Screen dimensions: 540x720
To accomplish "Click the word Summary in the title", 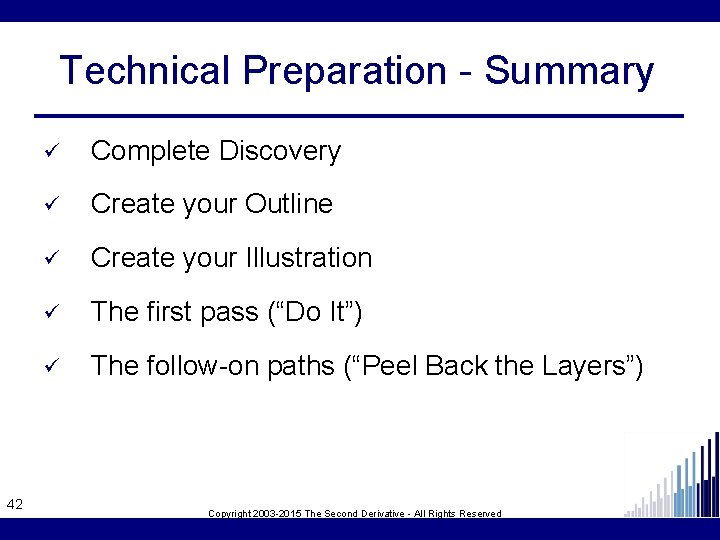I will coord(569,71).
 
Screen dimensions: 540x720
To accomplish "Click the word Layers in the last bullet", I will coord(584,366).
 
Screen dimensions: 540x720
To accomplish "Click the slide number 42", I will coord(15,504).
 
